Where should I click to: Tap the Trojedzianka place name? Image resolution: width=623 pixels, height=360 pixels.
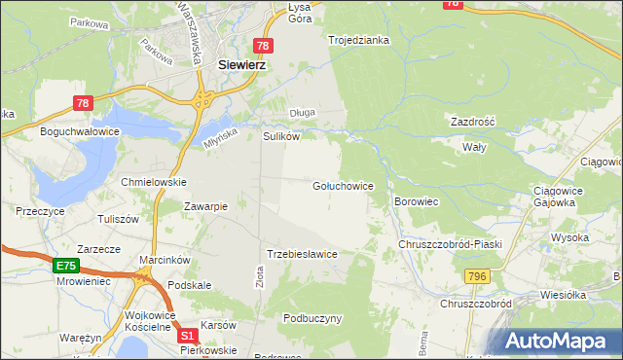pyautogui.click(x=359, y=40)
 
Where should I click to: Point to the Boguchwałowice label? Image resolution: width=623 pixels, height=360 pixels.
pyautogui.click(x=79, y=129)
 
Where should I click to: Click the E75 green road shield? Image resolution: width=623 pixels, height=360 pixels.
pyautogui.click(x=66, y=266)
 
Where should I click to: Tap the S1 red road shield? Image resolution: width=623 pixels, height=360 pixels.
pyautogui.click(x=189, y=335)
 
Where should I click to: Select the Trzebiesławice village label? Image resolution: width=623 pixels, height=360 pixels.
pyautogui.click(x=303, y=254)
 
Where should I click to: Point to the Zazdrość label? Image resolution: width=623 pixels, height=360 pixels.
pyautogui.click(x=473, y=122)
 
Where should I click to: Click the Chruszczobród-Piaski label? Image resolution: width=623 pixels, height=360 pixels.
pyautogui.click(x=450, y=244)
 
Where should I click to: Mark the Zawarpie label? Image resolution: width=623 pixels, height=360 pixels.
pyautogui.click(x=206, y=205)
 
